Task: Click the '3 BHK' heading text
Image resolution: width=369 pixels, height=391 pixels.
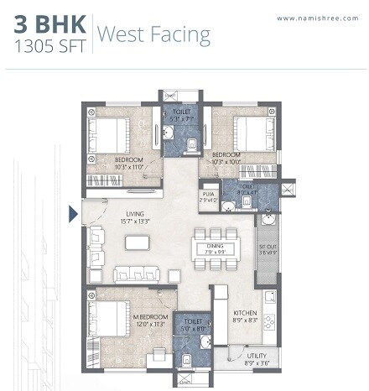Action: tap(48, 24)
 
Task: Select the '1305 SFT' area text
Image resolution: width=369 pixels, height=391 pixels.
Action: tap(49, 48)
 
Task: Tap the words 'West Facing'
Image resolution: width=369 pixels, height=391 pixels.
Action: tap(154, 34)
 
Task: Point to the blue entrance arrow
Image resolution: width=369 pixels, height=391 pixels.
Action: tap(74, 214)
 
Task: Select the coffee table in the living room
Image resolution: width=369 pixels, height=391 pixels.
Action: tap(136, 242)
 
